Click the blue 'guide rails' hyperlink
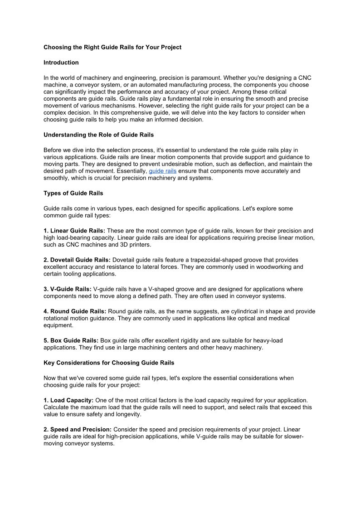point(162,171)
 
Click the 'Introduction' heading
point(61,63)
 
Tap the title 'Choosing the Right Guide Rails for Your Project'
point(112,47)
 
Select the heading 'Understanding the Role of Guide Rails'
point(98,135)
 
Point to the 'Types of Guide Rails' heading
point(73,193)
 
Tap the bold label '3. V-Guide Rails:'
point(68,289)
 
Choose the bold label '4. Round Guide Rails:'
point(75,311)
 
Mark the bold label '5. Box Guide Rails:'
point(71,340)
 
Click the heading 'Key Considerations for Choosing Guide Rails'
point(109,363)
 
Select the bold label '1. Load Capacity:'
point(68,400)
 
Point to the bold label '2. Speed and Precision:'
point(78,429)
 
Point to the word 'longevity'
point(128,414)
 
